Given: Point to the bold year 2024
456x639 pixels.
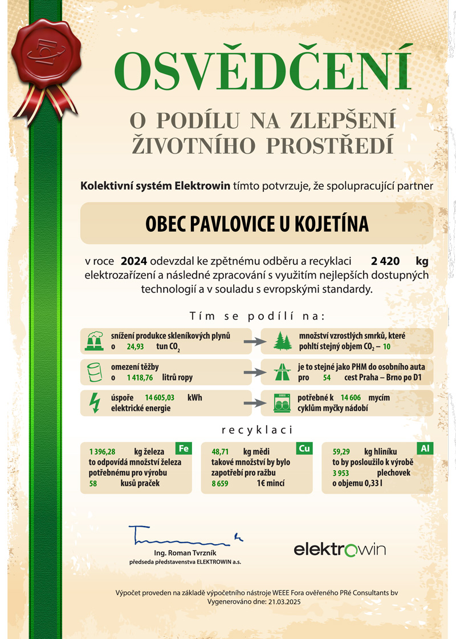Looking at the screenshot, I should [x=134, y=262].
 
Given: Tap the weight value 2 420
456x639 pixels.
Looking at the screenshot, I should [x=382, y=262].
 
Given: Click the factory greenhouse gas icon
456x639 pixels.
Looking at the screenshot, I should [x=94, y=341].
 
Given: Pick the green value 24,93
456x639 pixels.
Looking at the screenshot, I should [x=135, y=346].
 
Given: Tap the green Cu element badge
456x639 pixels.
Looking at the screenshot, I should [x=304, y=448].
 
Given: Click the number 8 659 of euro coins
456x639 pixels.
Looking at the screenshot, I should [x=219, y=483].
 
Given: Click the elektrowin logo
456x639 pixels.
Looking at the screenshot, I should [x=340, y=549].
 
